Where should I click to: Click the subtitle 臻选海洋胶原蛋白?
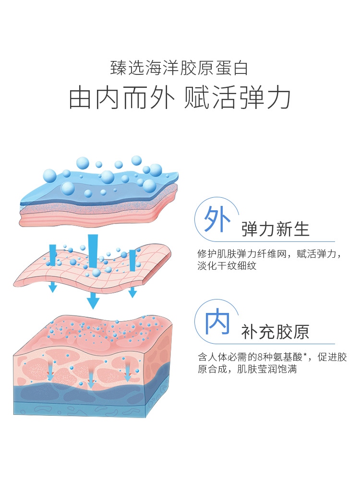coord(180,68)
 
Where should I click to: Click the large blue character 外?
coord(215,219)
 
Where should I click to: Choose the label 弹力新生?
coord(276,229)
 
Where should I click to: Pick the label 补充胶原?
coord(276,332)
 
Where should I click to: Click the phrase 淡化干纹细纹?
coord(227,265)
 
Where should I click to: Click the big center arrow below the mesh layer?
coord(93,301)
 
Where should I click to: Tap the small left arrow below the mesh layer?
coord(53,287)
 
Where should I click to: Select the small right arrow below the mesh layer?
coord(132,291)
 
